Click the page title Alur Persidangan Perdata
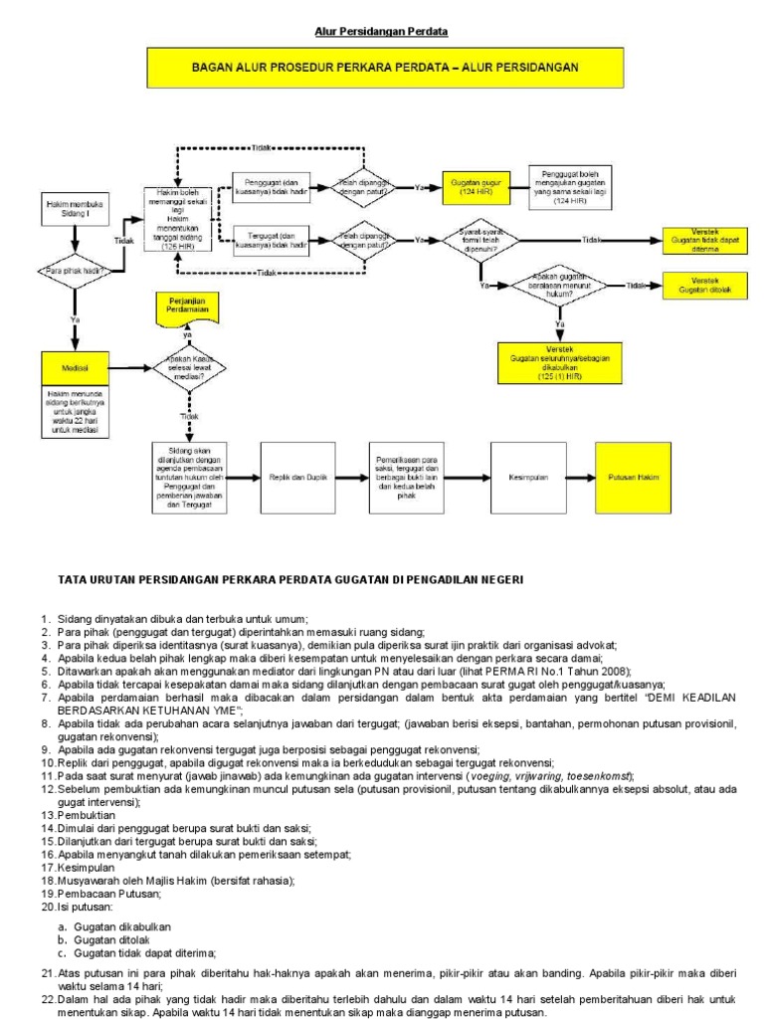tap(382, 32)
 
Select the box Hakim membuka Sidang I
tap(74, 209)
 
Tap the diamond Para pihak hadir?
tap(74, 270)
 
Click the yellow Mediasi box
tap(74, 367)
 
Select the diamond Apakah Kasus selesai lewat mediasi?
tap(188, 371)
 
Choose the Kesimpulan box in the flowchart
tap(528, 478)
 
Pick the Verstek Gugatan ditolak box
tap(705, 285)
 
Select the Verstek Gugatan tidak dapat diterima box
tap(705, 240)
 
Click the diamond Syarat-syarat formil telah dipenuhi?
tap(480, 240)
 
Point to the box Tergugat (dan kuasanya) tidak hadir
tap(272, 239)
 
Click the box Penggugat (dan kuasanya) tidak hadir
tap(272, 188)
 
